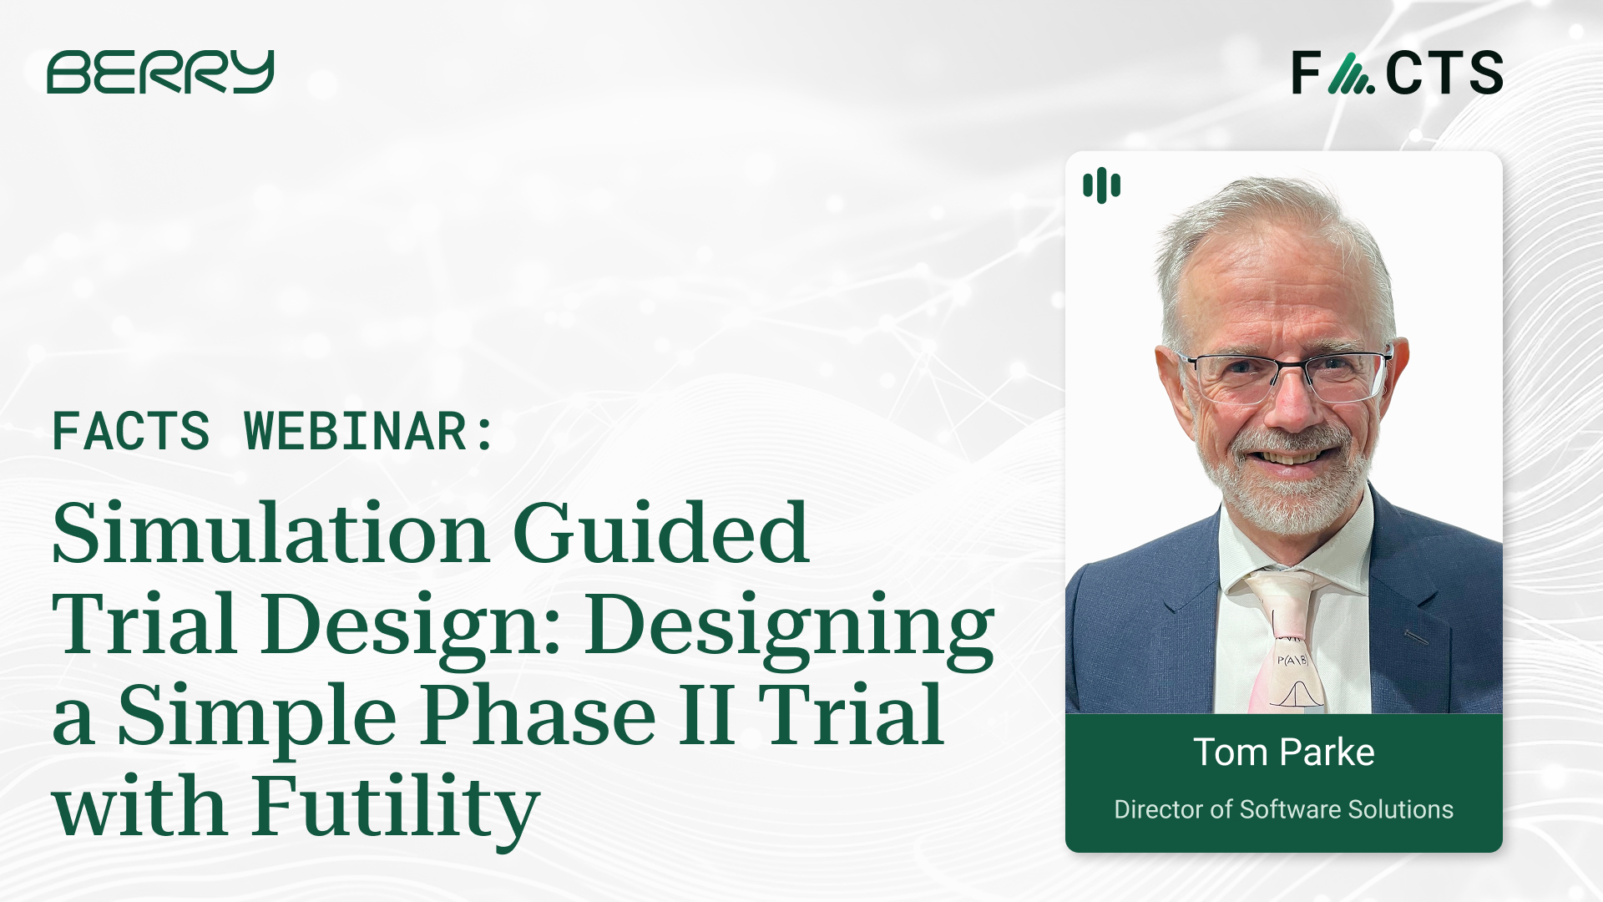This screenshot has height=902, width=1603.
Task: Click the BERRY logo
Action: pyautogui.click(x=160, y=72)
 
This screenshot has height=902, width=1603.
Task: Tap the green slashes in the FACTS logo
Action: pyautogui.click(x=1350, y=73)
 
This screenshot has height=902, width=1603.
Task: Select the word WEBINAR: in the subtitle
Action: pyautogui.click(x=369, y=432)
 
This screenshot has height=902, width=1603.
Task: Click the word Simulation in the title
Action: pyautogui.click(x=270, y=535)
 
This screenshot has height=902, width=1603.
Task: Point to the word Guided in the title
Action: pyautogui.click(x=660, y=535)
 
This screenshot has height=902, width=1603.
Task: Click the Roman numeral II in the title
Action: pyautogui.click(x=706, y=716)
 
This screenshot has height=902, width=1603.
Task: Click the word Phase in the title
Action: pyautogui.click(x=538, y=716)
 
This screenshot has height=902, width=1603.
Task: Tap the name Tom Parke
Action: pyautogui.click(x=1283, y=753)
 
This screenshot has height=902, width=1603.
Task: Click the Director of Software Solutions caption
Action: pyautogui.click(x=1283, y=809)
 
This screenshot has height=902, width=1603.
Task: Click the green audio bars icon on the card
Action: pyautogui.click(x=1101, y=185)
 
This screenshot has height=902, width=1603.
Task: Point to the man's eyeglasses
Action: pyautogui.click(x=1286, y=373)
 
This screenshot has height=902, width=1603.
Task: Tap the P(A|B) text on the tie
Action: pyautogui.click(x=1292, y=661)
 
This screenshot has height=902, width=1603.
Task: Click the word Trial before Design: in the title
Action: pyautogui.click(x=144, y=625)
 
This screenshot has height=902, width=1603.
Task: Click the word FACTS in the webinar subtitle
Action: pyautogui.click(x=131, y=432)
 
